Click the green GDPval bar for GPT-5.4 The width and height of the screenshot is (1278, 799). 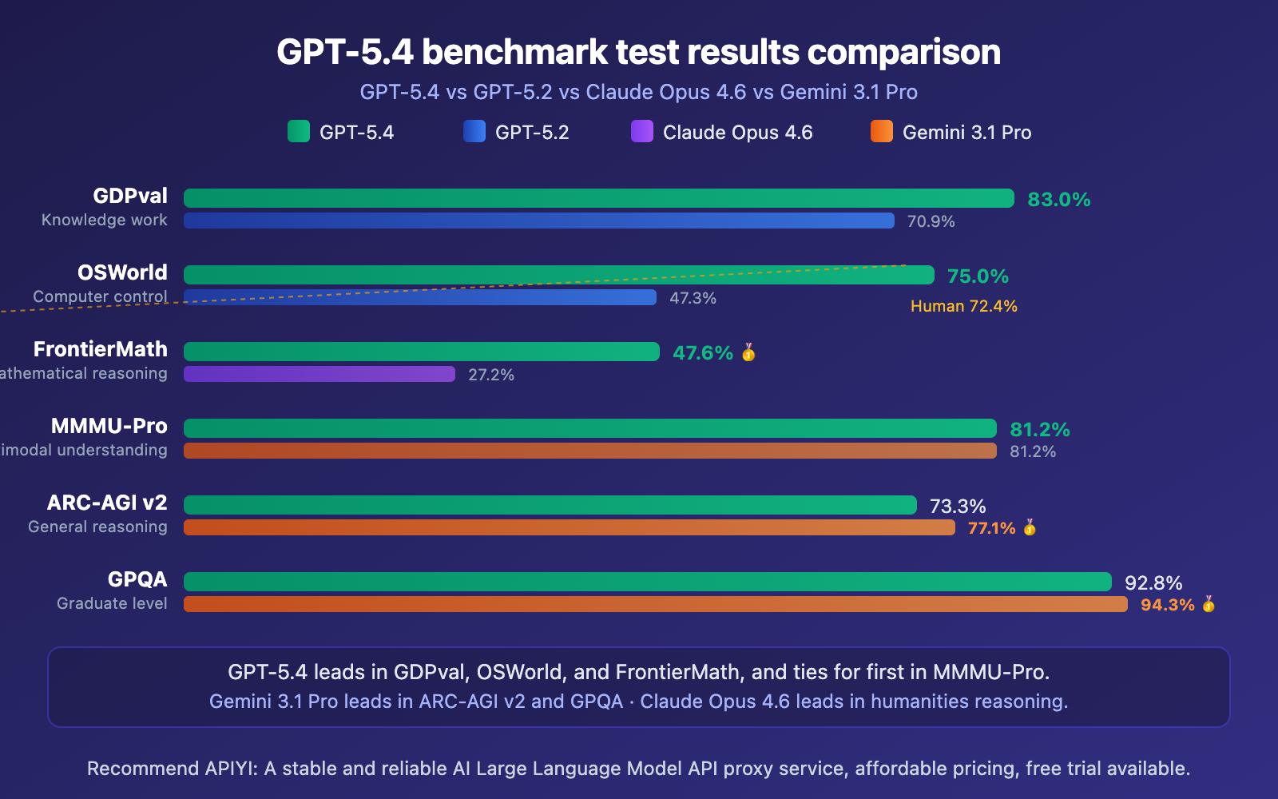coord(599,198)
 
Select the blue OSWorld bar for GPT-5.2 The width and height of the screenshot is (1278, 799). coord(420,297)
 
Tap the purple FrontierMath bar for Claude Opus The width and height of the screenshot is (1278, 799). coord(319,374)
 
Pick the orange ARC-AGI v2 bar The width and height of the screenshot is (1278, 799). coord(569,527)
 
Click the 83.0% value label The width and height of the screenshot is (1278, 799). coord(1058,199)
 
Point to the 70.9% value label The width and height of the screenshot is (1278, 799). coord(931,221)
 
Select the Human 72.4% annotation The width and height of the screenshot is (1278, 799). coord(963,306)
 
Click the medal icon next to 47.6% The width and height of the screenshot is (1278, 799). coord(748,352)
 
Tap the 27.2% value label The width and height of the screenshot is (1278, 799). coord(490,375)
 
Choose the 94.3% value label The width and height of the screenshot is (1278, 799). coord(1167,605)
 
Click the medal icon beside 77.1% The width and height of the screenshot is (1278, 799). coord(1030,527)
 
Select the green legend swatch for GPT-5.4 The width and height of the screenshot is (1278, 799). coord(299,131)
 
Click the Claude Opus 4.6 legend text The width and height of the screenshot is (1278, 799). coord(737,133)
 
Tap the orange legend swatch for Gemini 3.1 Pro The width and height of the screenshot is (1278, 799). coord(882,131)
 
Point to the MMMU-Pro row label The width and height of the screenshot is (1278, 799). coord(109,426)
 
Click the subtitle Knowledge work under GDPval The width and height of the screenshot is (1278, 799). coord(105,220)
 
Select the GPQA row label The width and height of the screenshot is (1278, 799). coord(137,579)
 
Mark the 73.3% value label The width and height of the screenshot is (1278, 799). coord(957,506)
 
